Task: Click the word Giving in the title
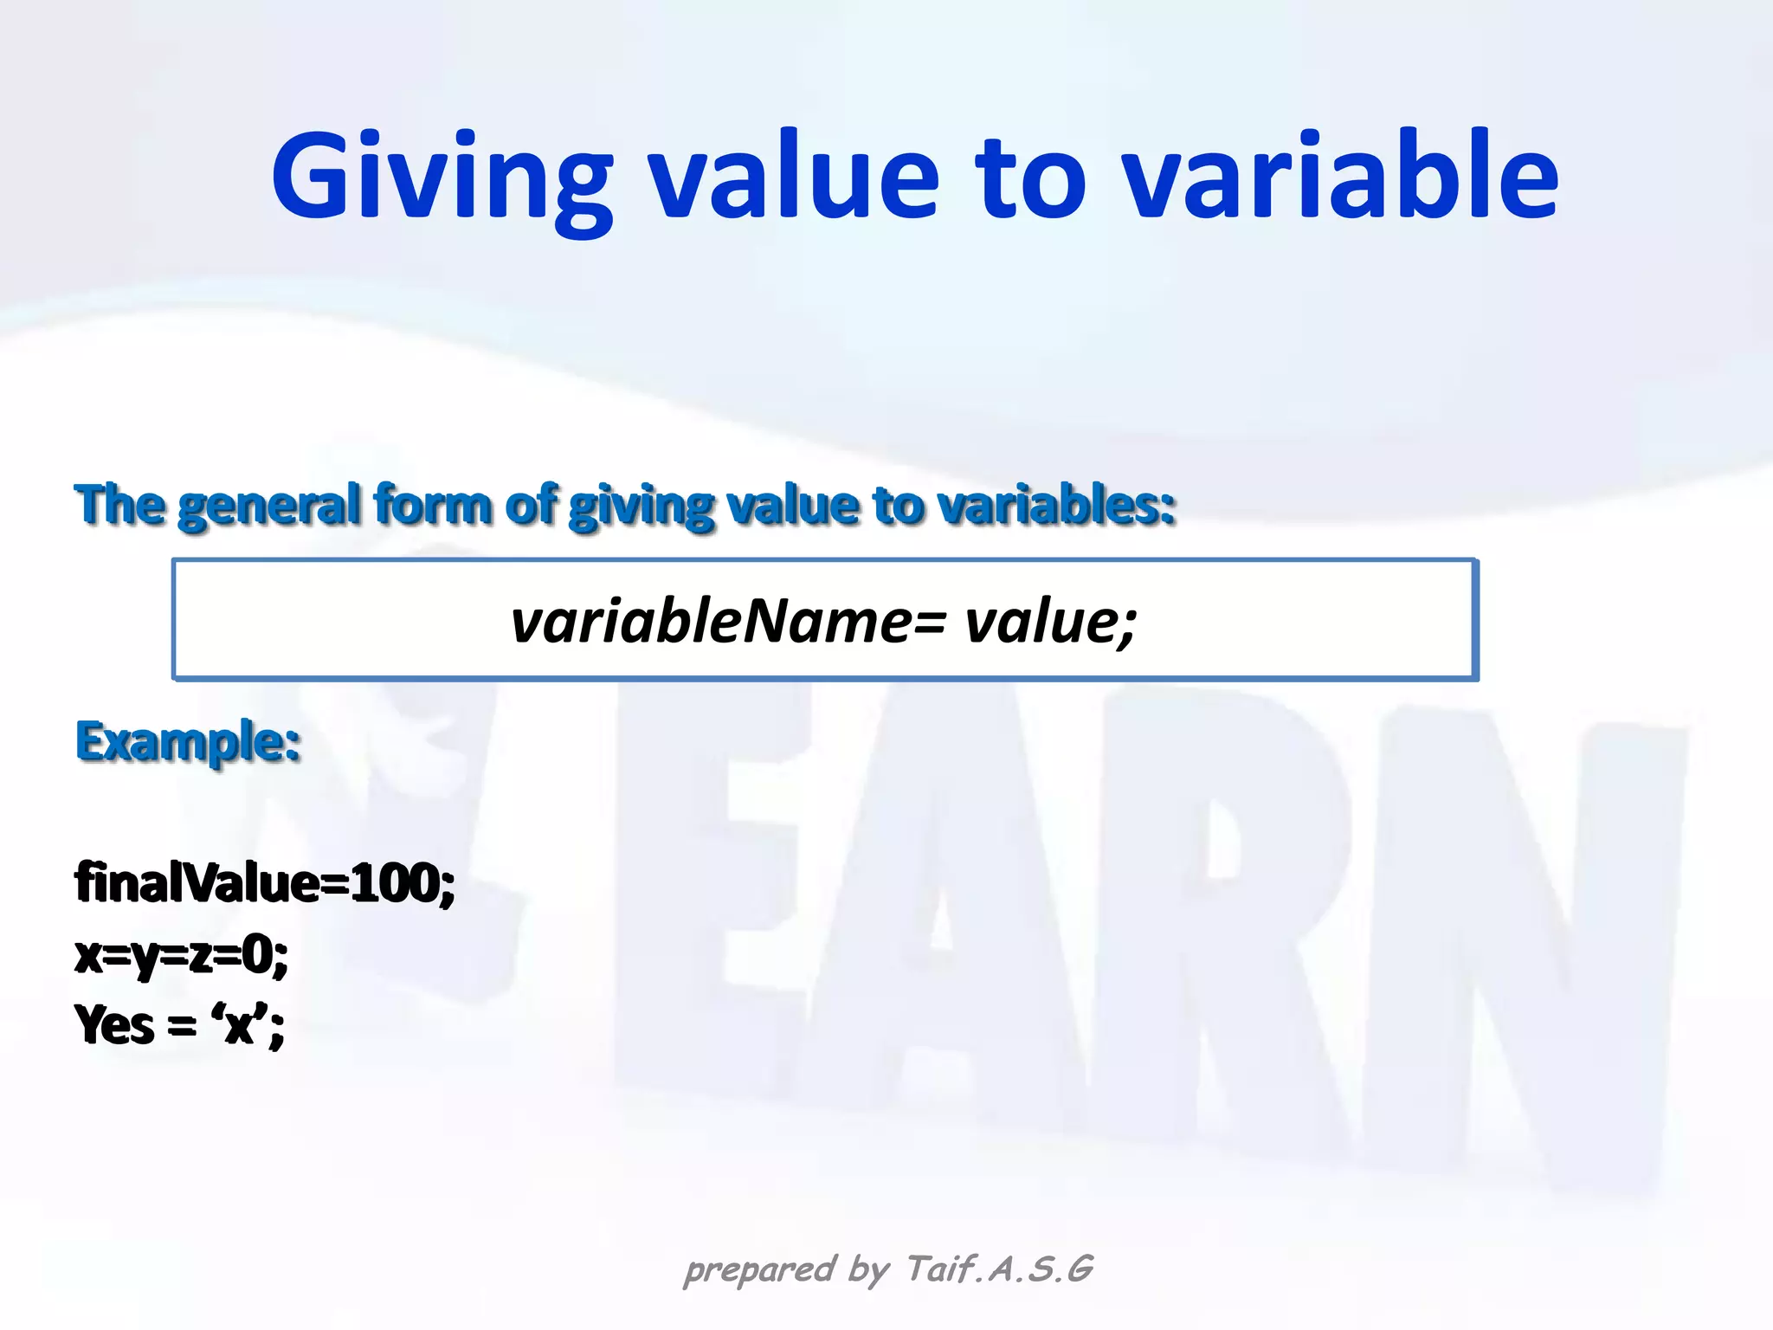tap(442, 178)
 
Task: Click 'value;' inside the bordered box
tap(1050, 622)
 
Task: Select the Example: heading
tap(188, 742)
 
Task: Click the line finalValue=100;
tap(265, 883)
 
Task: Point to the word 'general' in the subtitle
tap(269, 505)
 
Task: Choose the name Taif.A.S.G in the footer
tap(1000, 1269)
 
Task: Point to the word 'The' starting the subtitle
tap(119, 505)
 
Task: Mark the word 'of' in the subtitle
tap(530, 505)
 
